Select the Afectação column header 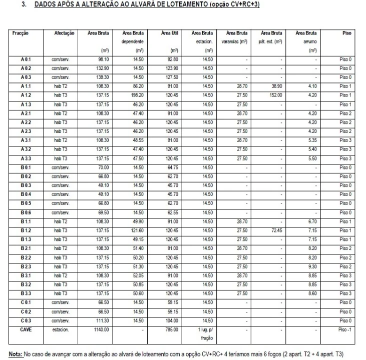pos(64,33)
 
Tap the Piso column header pos(348,33)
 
